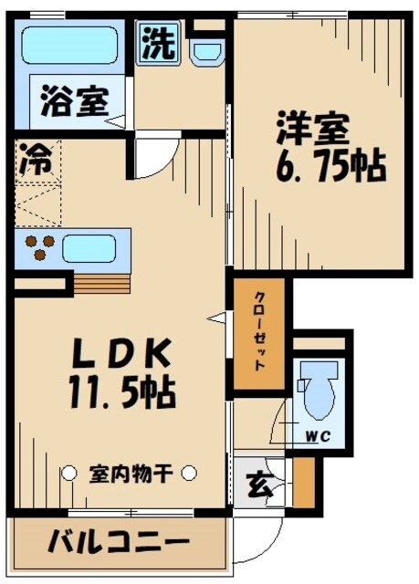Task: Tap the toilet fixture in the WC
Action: pyautogui.click(x=318, y=392)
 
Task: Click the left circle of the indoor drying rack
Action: pyautogui.click(x=68, y=473)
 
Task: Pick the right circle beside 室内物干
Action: pyautogui.click(x=188, y=473)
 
